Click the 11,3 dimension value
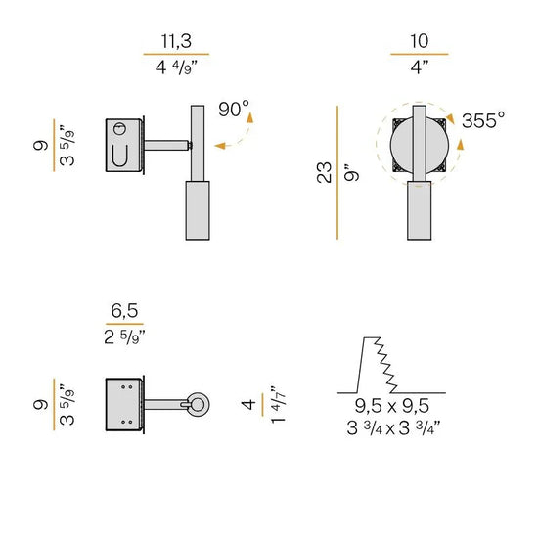pyautogui.click(x=176, y=41)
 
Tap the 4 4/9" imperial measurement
pyautogui.click(x=176, y=67)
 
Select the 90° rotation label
pyautogui.click(x=234, y=109)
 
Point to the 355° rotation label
pyautogui.click(x=483, y=120)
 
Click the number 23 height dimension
pyautogui.click(x=324, y=172)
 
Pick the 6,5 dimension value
pyautogui.click(x=124, y=311)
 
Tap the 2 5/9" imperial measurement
pyautogui.click(x=124, y=336)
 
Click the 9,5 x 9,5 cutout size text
pyautogui.click(x=392, y=406)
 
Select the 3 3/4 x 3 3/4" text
pyautogui.click(x=393, y=428)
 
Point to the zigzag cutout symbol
pyautogui.click(x=391, y=365)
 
